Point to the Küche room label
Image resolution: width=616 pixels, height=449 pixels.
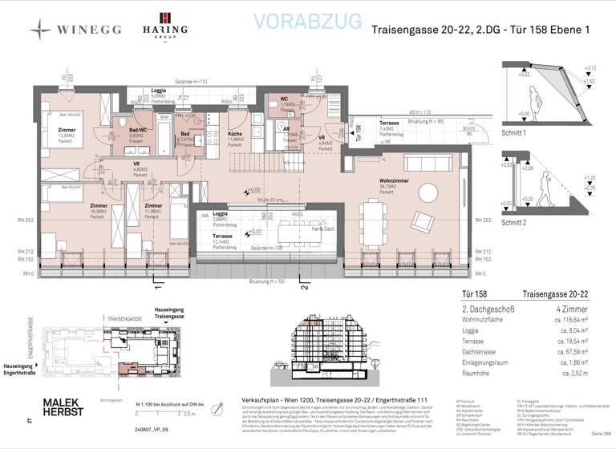coord(235,135)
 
